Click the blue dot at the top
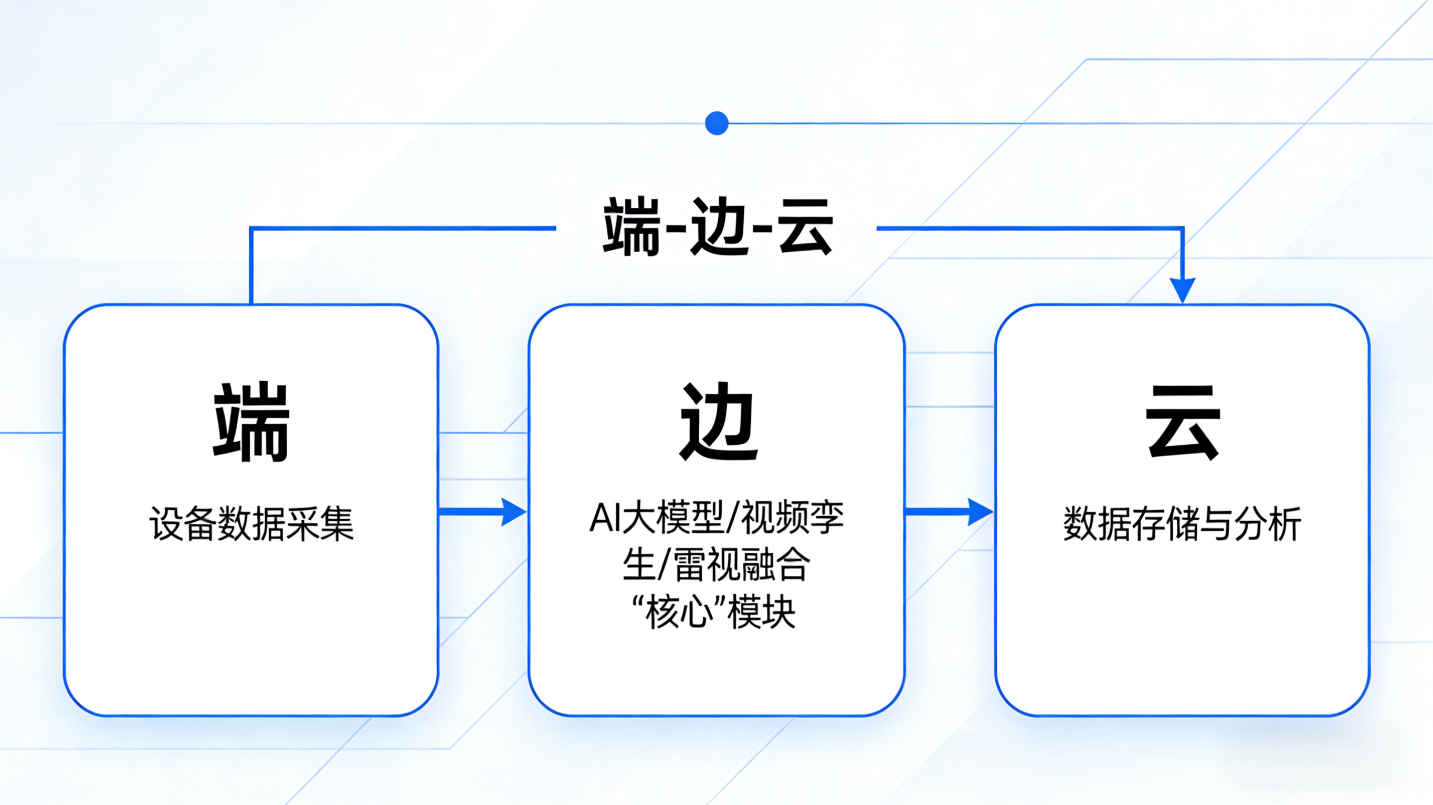pos(716,123)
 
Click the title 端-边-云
pos(718,227)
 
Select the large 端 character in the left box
pos(251,422)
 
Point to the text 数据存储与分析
pos(1183,524)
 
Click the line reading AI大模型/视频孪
pos(716,518)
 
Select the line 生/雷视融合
pos(716,565)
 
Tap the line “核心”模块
pos(716,612)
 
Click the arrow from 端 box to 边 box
pos(483,511)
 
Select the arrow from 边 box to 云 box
pos(949,511)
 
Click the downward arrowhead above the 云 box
pos(1183,289)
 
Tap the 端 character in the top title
pos(632,227)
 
